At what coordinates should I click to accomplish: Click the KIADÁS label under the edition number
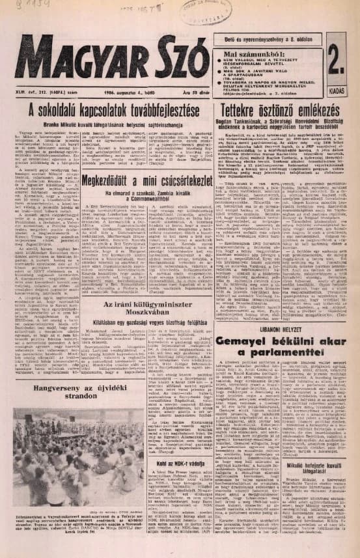click(340, 91)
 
